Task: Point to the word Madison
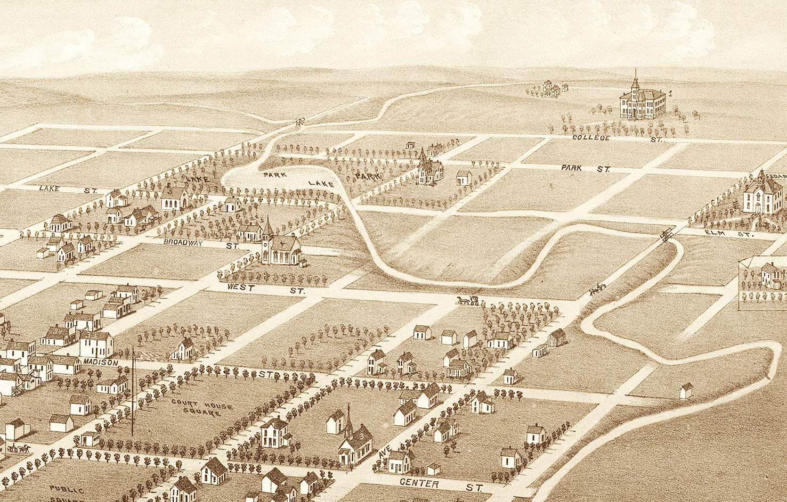(100, 363)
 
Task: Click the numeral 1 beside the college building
(670, 94)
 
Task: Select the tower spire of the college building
(635, 80)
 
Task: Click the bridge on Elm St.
(666, 235)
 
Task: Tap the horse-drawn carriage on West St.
(468, 301)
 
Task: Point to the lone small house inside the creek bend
(686, 391)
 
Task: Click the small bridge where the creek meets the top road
(299, 122)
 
